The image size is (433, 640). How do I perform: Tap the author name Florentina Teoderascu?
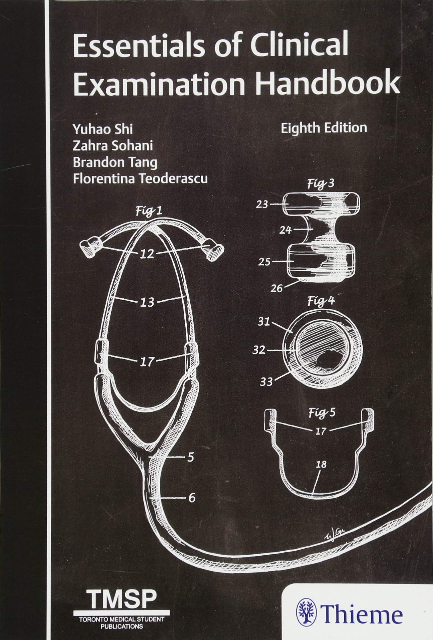coord(140,178)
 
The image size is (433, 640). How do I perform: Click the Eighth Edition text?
coord(324,128)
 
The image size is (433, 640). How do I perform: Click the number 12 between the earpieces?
coord(147,254)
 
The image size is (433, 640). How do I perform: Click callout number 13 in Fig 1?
coord(147,302)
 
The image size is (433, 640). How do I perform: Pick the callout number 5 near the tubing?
coord(191,457)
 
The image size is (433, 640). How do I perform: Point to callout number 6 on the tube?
coord(191,498)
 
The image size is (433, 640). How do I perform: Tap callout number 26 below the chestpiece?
coord(277,288)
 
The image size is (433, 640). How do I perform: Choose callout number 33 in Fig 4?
coord(266,381)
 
